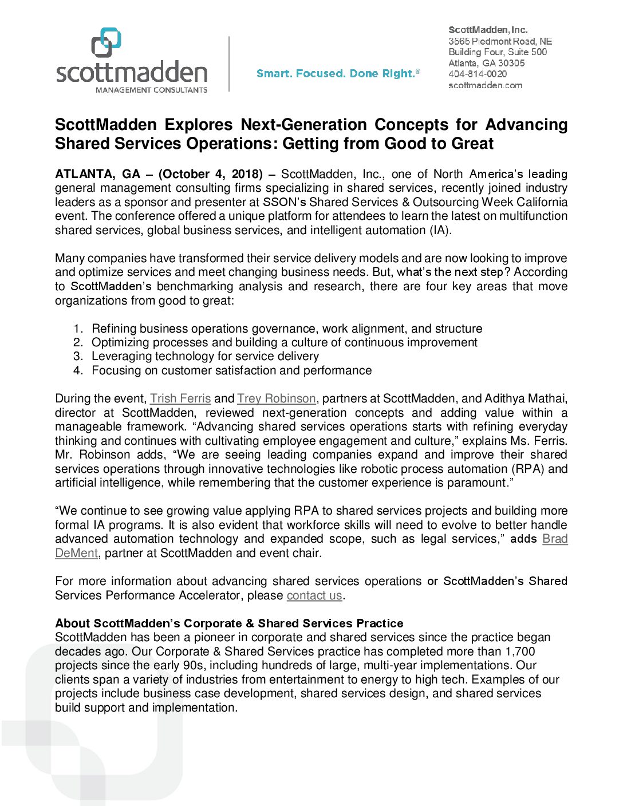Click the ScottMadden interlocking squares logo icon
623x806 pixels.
tap(107, 42)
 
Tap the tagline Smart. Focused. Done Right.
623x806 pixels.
tap(338, 73)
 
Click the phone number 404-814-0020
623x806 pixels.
tap(477, 74)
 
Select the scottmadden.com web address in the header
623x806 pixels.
tap(485, 85)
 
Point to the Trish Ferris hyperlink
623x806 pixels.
tap(180, 398)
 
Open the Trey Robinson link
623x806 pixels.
tap(277, 398)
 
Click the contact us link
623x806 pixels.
tap(314, 595)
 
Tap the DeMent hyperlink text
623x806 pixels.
tap(77, 553)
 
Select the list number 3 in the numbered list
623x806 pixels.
tap(78, 356)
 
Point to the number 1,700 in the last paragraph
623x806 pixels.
tap(520, 651)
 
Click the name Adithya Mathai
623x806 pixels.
tap(526, 398)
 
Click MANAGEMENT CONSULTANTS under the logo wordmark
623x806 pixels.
tap(151, 90)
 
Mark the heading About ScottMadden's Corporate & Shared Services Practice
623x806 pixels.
tap(229, 623)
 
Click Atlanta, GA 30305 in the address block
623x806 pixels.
tap(486, 63)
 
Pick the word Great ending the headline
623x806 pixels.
tap(472, 144)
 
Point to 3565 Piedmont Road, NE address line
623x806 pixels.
tap(500, 41)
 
